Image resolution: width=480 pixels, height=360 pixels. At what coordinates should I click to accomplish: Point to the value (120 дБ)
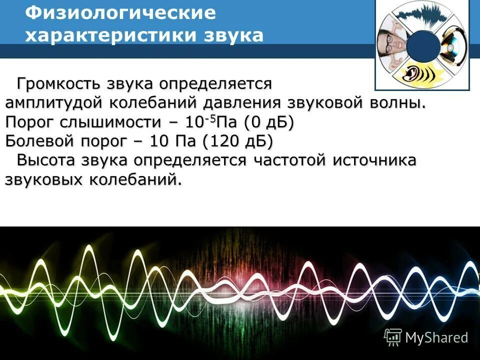tap(238, 141)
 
